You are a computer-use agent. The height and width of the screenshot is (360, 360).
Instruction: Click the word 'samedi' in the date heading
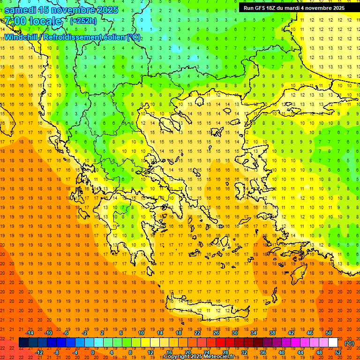click(21, 9)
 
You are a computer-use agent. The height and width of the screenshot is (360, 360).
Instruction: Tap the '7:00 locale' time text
click(33, 21)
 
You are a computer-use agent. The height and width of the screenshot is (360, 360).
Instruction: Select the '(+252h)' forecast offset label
click(83, 21)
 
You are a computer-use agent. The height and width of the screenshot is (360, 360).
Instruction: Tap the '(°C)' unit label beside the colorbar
click(349, 343)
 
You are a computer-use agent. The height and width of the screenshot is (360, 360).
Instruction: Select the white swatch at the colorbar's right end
click(333, 343)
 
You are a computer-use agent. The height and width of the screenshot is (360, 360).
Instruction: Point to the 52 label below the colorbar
click(338, 352)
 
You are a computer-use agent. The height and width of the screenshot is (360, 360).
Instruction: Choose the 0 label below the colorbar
click(93, 352)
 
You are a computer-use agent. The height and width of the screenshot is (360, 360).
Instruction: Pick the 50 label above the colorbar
click(329, 333)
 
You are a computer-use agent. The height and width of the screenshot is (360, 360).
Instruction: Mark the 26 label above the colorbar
click(216, 333)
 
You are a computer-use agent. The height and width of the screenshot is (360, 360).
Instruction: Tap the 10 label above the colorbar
click(141, 333)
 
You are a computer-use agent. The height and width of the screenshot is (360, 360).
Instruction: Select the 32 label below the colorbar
click(244, 352)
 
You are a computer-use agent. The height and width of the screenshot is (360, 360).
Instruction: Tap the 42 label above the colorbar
click(291, 333)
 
